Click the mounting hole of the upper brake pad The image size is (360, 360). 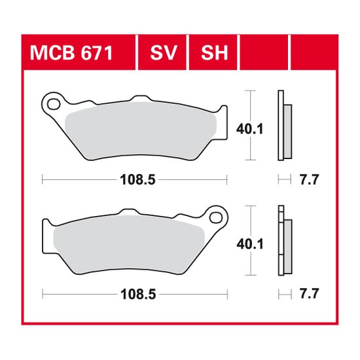(53, 103)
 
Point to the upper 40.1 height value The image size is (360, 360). (249, 129)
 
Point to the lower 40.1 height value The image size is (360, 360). (249, 243)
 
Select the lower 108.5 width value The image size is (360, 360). (136, 295)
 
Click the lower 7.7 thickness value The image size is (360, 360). (309, 295)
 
